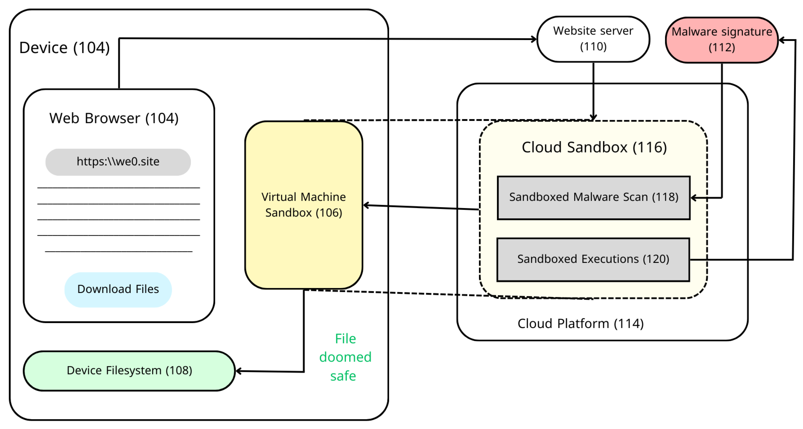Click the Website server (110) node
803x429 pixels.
[x=593, y=39]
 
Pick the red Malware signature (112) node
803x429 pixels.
[x=721, y=40]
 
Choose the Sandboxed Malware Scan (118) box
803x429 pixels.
[x=593, y=198]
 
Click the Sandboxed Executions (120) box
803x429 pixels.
[x=593, y=259]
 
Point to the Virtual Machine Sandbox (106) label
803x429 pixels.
[x=303, y=205]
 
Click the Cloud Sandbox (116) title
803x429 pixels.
[x=594, y=147]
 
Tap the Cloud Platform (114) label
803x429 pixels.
[x=580, y=323]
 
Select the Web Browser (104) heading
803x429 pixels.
[x=114, y=118]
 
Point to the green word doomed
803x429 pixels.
[x=345, y=357]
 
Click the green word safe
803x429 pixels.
[x=343, y=376]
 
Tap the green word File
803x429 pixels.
[x=345, y=339]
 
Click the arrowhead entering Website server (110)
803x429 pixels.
[x=534, y=39]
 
